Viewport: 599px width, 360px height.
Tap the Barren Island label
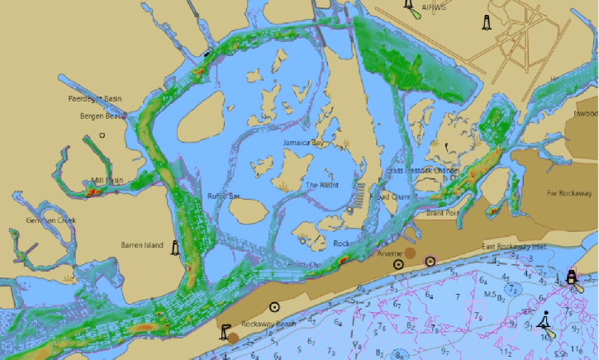tap(142, 245)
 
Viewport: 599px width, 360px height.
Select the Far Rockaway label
tap(569, 193)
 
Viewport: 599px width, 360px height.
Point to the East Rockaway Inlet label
tap(514, 247)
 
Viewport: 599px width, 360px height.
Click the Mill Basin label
tap(107, 180)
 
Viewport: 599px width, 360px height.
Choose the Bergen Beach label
tap(97, 116)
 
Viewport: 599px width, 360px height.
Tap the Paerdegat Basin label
tap(94, 99)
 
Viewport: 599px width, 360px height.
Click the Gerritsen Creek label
tap(50, 220)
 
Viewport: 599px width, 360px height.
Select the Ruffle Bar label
tap(223, 197)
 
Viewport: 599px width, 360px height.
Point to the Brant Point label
tap(442, 212)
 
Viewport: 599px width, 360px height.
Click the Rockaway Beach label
tap(269, 324)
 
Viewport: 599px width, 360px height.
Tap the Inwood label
tap(585, 113)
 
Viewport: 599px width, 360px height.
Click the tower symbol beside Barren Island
tap(175, 246)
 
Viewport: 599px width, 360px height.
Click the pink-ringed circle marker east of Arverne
tap(430, 262)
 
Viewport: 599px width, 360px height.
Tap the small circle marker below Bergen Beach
tap(102, 135)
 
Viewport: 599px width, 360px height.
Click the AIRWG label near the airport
tap(433, 7)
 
